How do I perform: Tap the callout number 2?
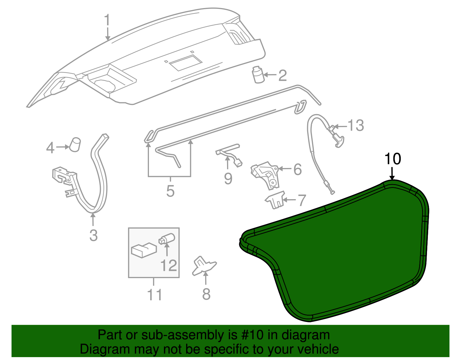tap(282, 76)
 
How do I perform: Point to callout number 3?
tap(93, 235)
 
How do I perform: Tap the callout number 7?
tap(301, 200)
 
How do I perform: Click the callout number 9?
tap(228, 179)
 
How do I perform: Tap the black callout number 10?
tap(393, 159)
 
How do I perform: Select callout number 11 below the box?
tap(154, 295)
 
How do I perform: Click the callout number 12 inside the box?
tap(169, 265)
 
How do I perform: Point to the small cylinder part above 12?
tap(167, 239)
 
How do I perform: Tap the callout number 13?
tap(356, 125)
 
